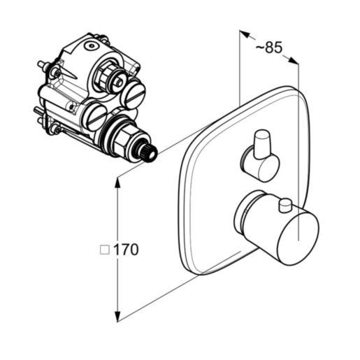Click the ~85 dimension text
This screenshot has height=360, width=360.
pyautogui.click(x=269, y=48)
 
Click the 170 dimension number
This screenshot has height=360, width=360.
pyautogui.click(x=126, y=250)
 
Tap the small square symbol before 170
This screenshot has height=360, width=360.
pyautogui.click(x=105, y=250)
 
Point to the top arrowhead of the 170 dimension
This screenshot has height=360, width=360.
pyautogui.click(x=118, y=182)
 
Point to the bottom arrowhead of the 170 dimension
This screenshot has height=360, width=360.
pyautogui.click(x=118, y=317)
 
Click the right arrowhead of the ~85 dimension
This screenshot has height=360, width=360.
pyautogui.click(x=294, y=60)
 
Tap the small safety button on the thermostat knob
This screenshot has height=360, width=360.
pyautogui.click(x=285, y=206)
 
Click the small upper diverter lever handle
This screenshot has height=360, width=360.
pyautogui.click(x=263, y=145)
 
